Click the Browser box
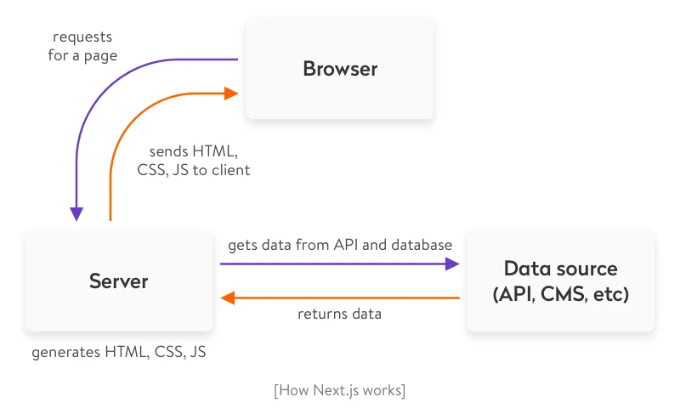pos(340,68)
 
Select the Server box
pos(119,281)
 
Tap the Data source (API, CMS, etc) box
pos(561,281)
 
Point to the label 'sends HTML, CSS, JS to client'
pos(194,160)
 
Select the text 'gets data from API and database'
pos(340,245)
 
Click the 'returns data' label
pos(339,314)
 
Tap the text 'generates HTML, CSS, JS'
pos(119,351)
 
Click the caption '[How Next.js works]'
pos(340,390)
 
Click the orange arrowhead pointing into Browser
pos(231,94)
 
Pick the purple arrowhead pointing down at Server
pos(76,214)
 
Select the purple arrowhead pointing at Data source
pos(453,264)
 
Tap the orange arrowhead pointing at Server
pos(227,298)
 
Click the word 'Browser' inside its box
pos(340,69)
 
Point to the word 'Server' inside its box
pos(119,281)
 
